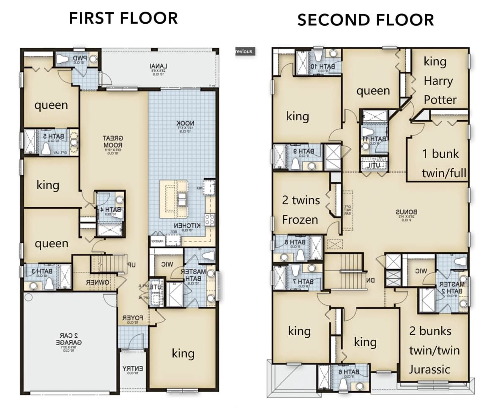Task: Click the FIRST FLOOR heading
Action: [123, 19]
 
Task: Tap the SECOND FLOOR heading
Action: [366, 20]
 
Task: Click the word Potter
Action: [440, 100]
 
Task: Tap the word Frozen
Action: [300, 219]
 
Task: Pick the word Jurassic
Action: [429, 370]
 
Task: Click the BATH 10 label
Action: [319, 67]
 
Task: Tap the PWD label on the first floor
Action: [79, 58]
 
